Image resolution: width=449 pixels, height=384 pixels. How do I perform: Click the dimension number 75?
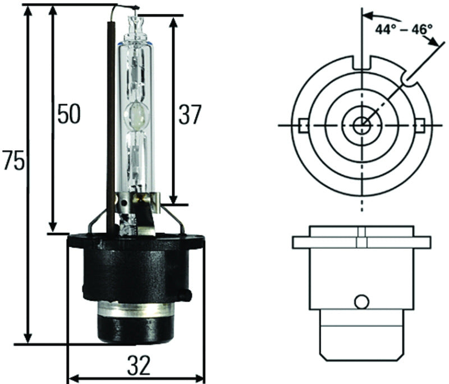pos(12,161)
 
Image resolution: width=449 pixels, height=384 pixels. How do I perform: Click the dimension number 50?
pos(68,114)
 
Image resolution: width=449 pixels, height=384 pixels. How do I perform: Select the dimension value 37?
pos(189,114)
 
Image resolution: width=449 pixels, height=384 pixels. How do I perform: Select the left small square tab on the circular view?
pos(303,124)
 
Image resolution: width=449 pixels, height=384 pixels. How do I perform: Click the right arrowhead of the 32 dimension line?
pos(200,378)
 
